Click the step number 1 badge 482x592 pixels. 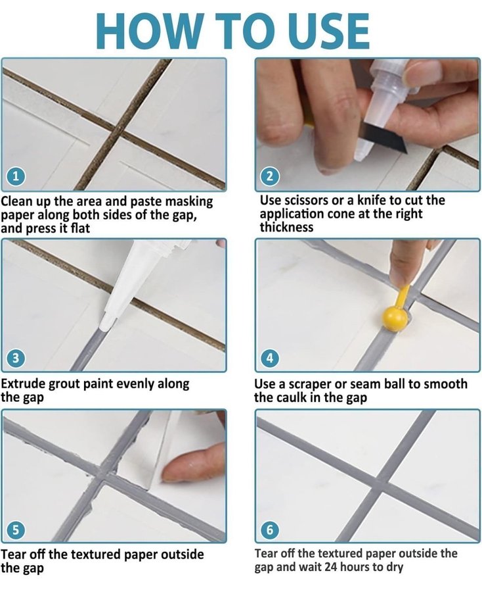[x=16, y=176]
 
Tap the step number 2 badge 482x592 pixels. [x=270, y=176]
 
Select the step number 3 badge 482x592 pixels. [x=16, y=358]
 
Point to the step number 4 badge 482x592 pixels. [x=270, y=358]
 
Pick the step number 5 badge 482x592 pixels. [x=16, y=530]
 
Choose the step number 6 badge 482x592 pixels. [x=270, y=530]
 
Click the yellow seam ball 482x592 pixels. [x=395, y=318]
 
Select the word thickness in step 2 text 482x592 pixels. [x=286, y=228]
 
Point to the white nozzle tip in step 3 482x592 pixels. [x=106, y=322]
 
